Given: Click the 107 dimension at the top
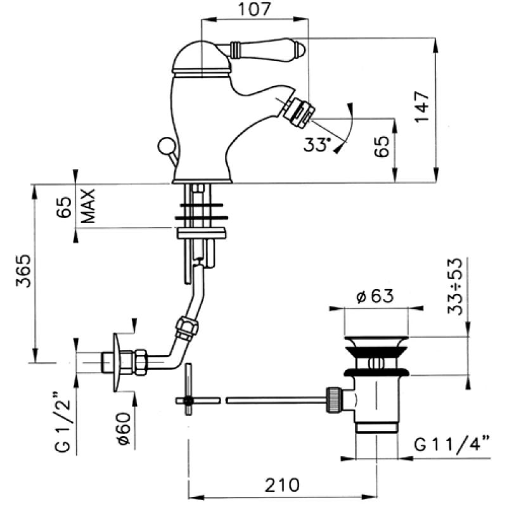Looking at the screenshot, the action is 254,10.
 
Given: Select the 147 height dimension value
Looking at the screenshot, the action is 422,106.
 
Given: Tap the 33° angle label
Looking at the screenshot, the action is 318,144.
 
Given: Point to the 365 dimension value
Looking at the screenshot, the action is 23,271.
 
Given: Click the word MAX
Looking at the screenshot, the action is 88,206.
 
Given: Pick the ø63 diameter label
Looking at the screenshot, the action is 375,296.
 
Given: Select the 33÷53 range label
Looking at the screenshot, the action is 455,286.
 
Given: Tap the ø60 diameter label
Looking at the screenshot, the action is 124,429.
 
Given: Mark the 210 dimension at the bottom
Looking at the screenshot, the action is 282,485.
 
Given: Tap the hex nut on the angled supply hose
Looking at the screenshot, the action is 187,328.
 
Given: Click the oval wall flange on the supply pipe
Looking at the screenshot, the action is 117,363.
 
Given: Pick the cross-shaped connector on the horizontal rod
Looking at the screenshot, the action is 188,389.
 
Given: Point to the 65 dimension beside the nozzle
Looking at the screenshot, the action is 382,146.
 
